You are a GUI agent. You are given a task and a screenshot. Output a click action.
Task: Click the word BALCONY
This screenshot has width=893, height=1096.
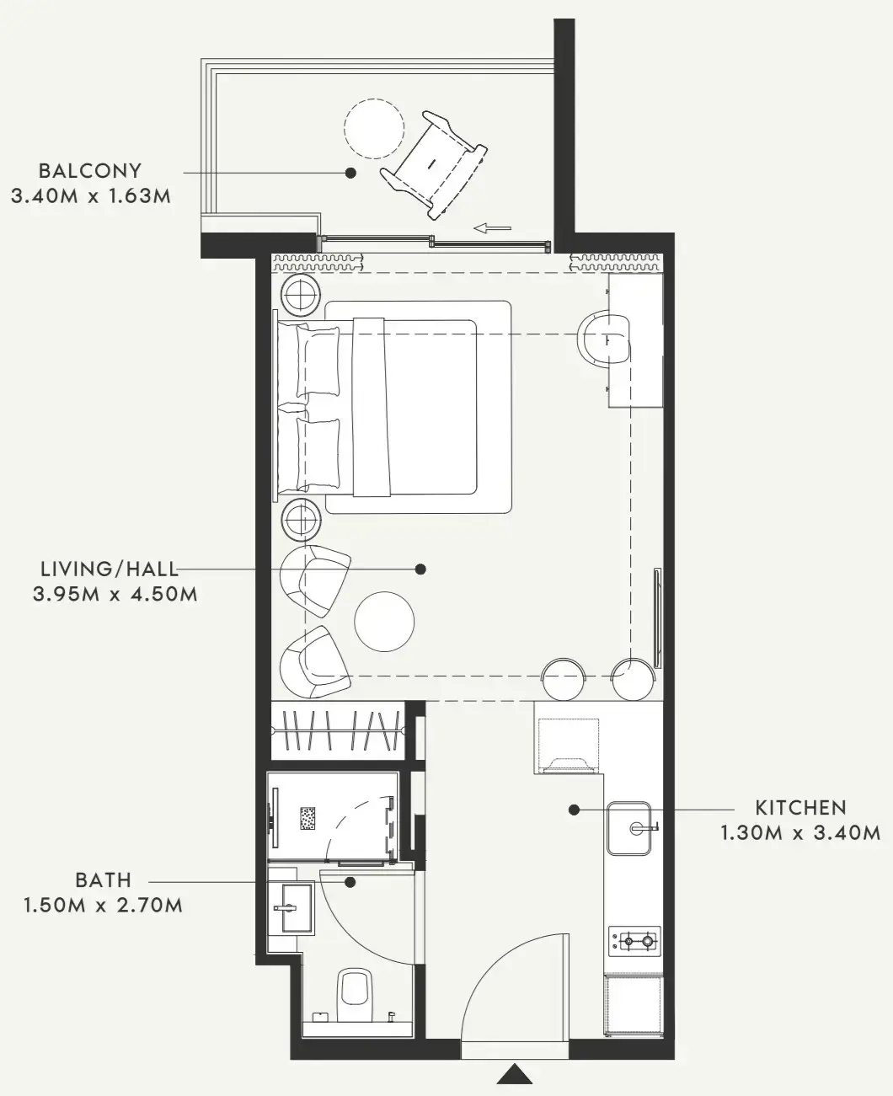click(90, 171)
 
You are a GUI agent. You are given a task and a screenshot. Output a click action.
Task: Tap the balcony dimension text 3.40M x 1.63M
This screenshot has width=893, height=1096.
click(91, 196)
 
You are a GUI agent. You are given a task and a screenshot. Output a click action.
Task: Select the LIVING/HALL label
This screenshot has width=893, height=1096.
click(110, 569)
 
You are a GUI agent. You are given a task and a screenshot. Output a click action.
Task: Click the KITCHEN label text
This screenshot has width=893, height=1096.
click(800, 808)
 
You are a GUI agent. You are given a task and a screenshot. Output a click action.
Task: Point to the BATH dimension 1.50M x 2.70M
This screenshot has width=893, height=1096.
click(104, 906)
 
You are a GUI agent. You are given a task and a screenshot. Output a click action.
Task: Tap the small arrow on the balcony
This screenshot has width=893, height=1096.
click(492, 228)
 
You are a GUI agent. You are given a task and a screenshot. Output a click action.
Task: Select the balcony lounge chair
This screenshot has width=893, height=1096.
click(434, 164)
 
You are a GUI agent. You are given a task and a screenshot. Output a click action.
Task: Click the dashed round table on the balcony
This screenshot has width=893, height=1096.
click(374, 129)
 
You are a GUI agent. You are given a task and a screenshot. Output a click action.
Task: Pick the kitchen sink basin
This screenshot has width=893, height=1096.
click(628, 828)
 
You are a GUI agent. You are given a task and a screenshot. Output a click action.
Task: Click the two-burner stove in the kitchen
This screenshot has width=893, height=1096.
click(634, 942)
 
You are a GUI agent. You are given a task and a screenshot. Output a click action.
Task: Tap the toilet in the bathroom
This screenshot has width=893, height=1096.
click(355, 997)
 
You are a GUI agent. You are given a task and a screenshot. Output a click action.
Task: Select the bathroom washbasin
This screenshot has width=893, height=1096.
click(290, 908)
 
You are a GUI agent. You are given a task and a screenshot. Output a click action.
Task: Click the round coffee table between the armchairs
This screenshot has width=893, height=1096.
click(384, 622)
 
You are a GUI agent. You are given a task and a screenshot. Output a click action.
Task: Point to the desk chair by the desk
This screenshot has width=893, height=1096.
click(603, 340)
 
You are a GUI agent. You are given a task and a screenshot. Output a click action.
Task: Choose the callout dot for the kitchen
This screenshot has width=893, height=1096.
click(574, 810)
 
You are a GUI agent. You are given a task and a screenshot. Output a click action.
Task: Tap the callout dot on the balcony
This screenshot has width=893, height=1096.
click(350, 173)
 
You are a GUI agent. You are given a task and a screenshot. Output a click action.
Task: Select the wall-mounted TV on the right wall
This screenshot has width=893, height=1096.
click(657, 618)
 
